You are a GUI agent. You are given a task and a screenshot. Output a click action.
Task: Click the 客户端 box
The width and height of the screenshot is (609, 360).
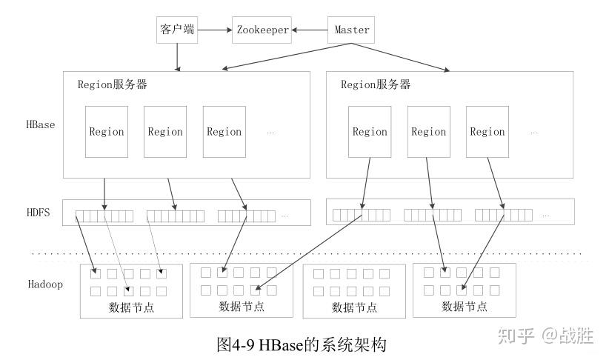[177, 30]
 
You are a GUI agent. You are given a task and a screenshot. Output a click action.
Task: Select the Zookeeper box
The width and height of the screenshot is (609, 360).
[262, 30]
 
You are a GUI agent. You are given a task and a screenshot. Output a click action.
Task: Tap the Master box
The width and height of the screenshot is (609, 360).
[352, 30]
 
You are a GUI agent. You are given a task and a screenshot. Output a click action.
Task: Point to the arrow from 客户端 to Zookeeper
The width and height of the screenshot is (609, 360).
[215, 30]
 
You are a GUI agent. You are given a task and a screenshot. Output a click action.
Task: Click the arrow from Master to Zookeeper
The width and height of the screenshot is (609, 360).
[310, 30]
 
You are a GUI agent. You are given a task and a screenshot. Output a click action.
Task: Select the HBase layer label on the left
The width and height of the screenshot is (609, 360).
[40, 124]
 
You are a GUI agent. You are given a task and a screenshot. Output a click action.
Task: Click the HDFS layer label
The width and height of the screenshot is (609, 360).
[38, 213]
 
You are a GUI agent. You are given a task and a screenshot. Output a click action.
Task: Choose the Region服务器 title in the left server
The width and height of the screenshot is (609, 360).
[113, 84]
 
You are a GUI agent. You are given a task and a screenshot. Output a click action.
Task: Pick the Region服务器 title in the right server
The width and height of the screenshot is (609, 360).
[376, 84]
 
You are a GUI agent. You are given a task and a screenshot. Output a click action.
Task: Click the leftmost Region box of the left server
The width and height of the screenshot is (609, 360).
[107, 132]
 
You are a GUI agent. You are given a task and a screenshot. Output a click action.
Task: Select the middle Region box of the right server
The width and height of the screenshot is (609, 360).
[429, 132]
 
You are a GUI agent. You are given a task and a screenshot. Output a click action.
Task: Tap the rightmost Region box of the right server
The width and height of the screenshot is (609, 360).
[487, 132]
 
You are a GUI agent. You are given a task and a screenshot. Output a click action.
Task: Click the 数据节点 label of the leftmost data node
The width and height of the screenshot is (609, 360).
[131, 307]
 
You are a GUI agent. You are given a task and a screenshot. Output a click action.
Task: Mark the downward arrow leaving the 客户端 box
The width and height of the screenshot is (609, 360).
[177, 57]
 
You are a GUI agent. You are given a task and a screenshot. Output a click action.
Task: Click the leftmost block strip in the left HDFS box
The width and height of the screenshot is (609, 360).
[104, 216]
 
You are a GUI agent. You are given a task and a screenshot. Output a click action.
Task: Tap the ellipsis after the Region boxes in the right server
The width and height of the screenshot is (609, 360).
[533, 133]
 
